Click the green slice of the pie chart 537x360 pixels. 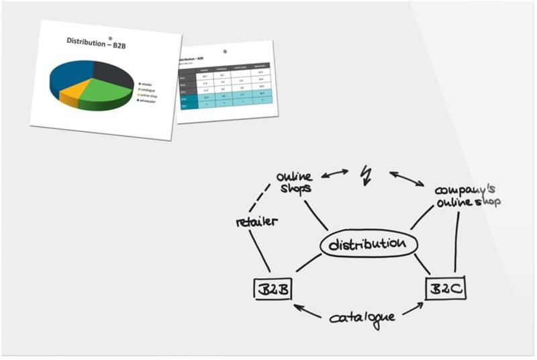(104, 94)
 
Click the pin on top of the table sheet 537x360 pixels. (225, 51)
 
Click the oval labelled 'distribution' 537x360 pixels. (369, 244)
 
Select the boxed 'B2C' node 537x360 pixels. (445, 289)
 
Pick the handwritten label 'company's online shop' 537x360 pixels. (467, 195)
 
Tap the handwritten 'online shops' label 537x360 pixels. (294, 181)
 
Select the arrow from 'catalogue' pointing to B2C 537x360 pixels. (411, 310)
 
